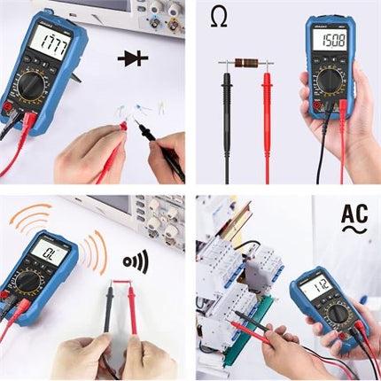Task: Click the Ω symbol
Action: click(x=219, y=18)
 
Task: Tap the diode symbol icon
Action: click(x=133, y=59)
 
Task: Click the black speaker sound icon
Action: click(x=135, y=261)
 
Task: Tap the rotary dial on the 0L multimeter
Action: click(x=27, y=283)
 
